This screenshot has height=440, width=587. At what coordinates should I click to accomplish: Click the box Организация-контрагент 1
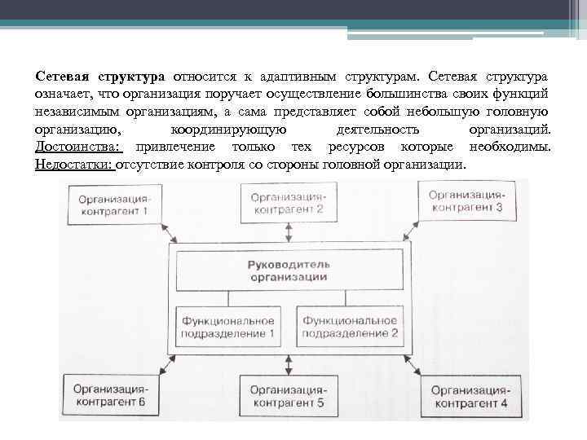[114, 204]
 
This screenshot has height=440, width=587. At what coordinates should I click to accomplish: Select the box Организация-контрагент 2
[288, 202]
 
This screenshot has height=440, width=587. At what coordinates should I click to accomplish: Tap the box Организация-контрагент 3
[466, 201]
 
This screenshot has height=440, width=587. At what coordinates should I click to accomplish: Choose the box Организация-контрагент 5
[287, 396]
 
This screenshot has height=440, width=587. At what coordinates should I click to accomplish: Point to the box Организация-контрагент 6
[109, 395]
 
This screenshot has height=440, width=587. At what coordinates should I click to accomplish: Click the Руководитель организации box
[289, 271]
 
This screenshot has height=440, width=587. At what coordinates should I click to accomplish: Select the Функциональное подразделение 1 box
[228, 327]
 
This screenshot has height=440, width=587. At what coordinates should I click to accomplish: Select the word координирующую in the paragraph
[228, 130]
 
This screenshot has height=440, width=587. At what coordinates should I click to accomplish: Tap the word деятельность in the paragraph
[377, 130]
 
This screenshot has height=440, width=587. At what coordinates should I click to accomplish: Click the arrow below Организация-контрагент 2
[288, 231]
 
